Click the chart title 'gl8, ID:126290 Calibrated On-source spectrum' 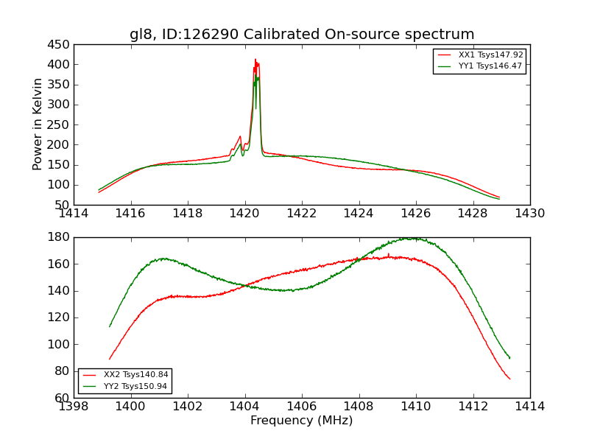click(302, 35)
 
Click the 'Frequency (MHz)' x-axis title click(302, 421)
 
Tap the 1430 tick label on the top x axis click(530, 214)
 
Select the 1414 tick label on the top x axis click(74, 214)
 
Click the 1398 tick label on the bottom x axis click(74, 407)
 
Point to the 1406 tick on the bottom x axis click(302, 407)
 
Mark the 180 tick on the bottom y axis click(59, 237)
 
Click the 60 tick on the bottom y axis click(62, 398)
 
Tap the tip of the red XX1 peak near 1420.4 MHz click(255, 60)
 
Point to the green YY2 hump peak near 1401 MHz click(163, 258)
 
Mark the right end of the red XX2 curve click(509, 379)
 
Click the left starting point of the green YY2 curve click(110, 326)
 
